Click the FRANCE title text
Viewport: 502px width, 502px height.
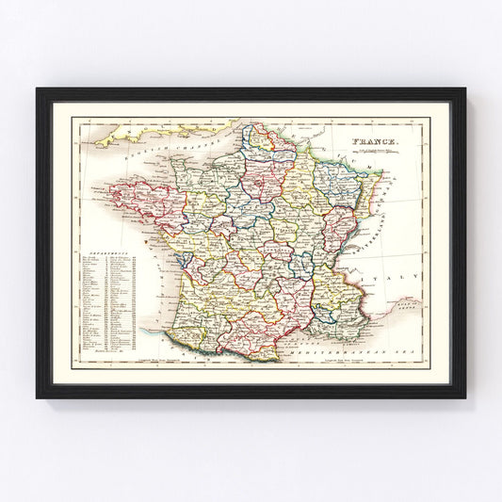(x=377, y=143)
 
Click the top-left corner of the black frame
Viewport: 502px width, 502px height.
(x=39, y=90)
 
